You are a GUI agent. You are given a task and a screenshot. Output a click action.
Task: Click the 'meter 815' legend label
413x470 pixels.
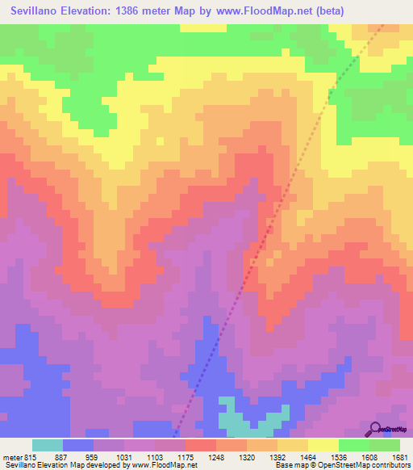tap(20, 457)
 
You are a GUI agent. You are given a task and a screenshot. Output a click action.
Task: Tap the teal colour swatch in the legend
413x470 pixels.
tap(48, 445)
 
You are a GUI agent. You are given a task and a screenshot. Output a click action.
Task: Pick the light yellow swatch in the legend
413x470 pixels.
tap(323, 445)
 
